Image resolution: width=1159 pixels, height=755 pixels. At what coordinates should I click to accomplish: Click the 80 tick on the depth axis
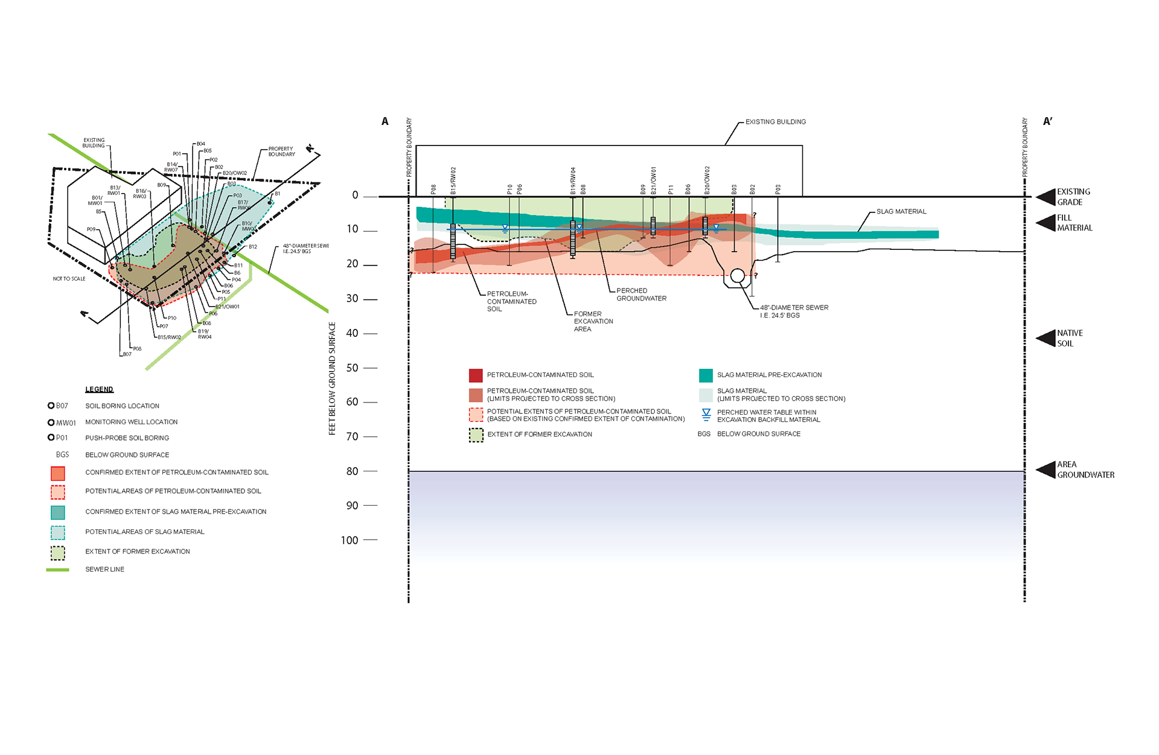370,471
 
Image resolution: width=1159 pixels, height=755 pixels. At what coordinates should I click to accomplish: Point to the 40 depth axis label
353,333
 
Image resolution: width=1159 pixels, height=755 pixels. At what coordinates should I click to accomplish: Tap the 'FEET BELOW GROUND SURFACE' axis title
332,378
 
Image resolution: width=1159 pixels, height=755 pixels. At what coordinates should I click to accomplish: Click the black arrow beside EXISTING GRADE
1046,197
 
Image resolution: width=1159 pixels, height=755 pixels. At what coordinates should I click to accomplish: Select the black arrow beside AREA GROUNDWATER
1046,470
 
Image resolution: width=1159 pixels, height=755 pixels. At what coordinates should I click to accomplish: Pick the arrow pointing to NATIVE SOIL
1046,338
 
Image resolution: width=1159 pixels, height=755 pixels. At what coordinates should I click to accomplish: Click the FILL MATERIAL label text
1074,223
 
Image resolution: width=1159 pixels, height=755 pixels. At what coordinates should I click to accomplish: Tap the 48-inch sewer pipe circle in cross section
737,276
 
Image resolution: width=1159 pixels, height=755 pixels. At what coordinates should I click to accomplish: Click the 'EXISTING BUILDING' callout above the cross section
775,122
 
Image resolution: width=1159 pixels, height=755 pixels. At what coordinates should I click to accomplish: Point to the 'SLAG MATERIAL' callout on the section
901,212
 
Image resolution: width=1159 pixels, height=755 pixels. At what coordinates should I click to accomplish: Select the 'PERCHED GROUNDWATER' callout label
641,295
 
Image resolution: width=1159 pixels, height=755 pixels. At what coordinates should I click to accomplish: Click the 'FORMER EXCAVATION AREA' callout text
593,321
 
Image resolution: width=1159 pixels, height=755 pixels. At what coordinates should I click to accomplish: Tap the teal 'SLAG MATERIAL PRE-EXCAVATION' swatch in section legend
706,375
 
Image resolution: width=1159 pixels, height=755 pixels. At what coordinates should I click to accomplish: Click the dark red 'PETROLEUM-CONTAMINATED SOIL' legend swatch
476,375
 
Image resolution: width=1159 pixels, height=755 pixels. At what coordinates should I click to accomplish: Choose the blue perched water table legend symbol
706,415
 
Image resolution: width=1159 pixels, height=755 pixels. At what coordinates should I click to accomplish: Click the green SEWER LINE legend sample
57,570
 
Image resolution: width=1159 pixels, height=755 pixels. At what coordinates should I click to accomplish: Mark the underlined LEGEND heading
99,389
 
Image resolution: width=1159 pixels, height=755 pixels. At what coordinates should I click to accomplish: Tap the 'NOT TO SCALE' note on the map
69,279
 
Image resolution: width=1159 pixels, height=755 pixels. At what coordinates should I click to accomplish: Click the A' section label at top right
1047,121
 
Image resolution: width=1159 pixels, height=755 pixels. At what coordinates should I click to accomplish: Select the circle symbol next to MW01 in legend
51,422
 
